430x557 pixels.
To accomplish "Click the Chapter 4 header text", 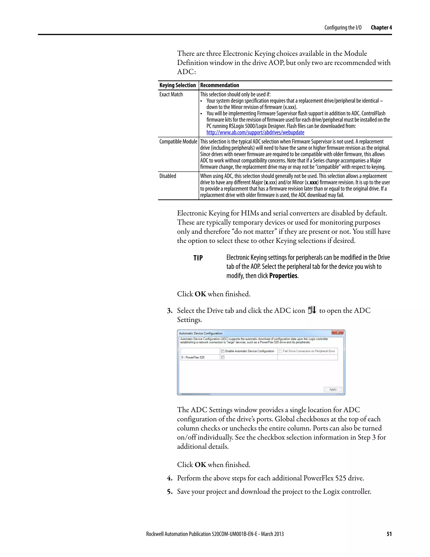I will click(x=381, y=28).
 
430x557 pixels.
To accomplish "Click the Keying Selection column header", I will click(x=178, y=85).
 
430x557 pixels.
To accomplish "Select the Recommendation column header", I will click(x=219, y=85).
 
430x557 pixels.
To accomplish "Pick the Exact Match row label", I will click(x=171, y=94).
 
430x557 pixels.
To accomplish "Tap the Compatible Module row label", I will click(x=178, y=141).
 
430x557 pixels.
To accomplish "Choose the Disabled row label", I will click(x=168, y=176).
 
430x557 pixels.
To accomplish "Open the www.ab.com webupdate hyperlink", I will click(x=255, y=132).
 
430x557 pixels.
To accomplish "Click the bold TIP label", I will click(x=198, y=258).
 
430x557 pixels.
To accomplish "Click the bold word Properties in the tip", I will click(x=283, y=276).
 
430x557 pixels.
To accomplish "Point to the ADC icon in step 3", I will click(x=312, y=310).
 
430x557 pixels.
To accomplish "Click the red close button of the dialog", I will click(x=338, y=332).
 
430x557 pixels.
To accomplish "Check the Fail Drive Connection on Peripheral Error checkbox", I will click(x=281, y=351).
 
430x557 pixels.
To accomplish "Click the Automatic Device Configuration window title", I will click(x=201, y=333).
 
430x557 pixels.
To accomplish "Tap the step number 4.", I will click(x=169, y=478).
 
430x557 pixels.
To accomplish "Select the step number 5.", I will click(x=169, y=491).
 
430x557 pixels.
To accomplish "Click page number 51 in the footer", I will click(x=389, y=534).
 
